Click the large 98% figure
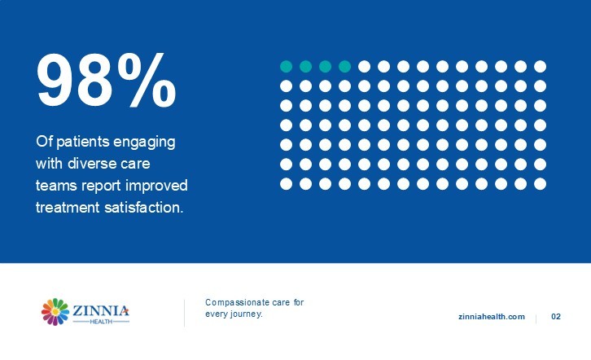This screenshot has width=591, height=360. [x=106, y=80]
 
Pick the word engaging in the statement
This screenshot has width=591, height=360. [x=144, y=143]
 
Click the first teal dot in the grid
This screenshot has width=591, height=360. [x=286, y=66]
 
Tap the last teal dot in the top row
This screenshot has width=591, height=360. [x=344, y=66]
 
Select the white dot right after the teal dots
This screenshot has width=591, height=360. [x=364, y=66]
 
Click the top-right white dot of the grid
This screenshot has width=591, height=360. [x=540, y=66]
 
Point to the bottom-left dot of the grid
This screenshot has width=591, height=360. [x=286, y=184]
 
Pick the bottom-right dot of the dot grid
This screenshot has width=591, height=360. [x=540, y=184]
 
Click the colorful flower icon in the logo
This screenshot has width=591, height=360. [x=55, y=312]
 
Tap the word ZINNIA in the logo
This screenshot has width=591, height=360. [x=101, y=310]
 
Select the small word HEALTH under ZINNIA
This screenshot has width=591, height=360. [x=101, y=322]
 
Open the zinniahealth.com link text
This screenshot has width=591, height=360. [x=492, y=317]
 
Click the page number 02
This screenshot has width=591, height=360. [x=556, y=317]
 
